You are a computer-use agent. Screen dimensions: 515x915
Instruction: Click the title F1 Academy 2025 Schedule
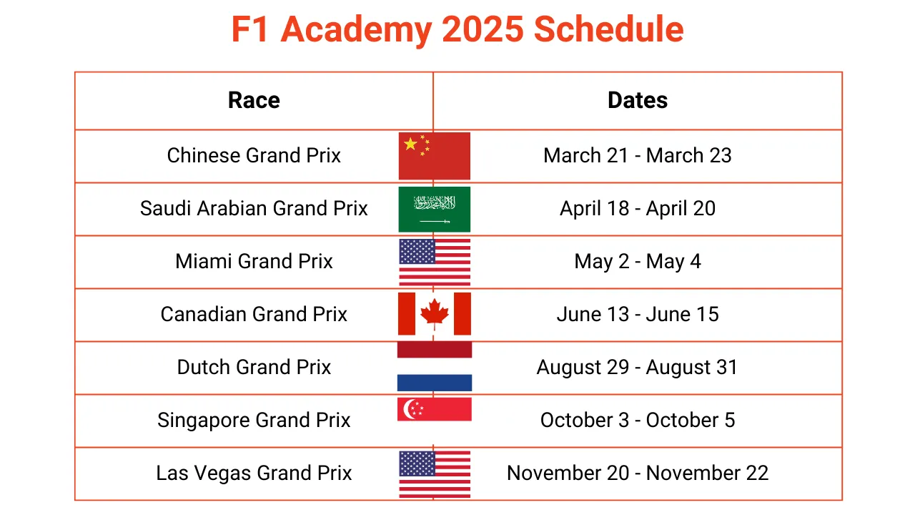457,30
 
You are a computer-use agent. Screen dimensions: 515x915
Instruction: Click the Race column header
254,100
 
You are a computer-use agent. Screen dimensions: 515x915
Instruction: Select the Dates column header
637,100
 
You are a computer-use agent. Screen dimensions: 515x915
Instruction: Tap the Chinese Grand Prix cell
254,155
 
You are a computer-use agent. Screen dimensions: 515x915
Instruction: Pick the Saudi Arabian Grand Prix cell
254,208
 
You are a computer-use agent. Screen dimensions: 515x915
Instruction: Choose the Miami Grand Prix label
254,261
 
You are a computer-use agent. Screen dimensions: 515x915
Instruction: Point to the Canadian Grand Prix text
254,314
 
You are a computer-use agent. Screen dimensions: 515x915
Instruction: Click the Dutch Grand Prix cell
254,367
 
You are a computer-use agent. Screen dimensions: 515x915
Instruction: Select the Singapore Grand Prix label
254,420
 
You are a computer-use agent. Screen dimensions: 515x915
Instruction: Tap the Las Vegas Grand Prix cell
254,473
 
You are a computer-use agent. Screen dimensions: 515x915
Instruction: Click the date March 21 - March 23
637,155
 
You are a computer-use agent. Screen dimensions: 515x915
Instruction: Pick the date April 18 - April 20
637,208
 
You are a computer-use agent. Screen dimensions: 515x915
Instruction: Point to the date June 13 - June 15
637,314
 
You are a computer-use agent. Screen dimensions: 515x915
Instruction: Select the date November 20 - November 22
637,473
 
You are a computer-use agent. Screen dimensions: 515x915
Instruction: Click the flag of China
434,156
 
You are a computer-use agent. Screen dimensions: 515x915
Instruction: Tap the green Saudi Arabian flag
434,209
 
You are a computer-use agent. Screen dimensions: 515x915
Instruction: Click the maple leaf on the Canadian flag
434,313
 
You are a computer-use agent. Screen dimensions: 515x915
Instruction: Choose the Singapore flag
434,409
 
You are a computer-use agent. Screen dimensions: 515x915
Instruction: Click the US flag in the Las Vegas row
434,474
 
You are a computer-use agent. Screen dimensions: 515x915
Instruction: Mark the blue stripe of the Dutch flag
434,383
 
